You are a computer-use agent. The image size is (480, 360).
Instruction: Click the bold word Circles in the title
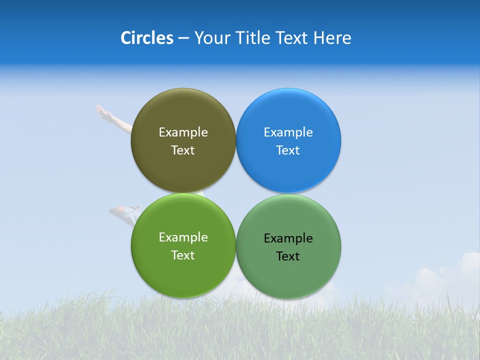coord(147,38)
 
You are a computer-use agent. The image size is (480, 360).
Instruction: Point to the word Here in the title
coord(332,38)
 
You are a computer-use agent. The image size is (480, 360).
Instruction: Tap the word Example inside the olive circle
coord(183,132)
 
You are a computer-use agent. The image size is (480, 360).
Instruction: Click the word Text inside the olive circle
coord(183,150)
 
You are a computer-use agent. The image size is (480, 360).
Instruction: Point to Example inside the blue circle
coord(288,132)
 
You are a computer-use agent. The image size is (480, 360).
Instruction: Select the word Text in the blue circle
coord(288,150)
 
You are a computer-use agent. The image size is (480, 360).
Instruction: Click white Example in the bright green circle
coord(183,237)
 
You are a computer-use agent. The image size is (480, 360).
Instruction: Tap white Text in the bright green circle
coord(183,255)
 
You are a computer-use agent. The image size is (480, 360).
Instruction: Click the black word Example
coord(288,238)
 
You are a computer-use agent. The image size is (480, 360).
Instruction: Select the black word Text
coord(288,256)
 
